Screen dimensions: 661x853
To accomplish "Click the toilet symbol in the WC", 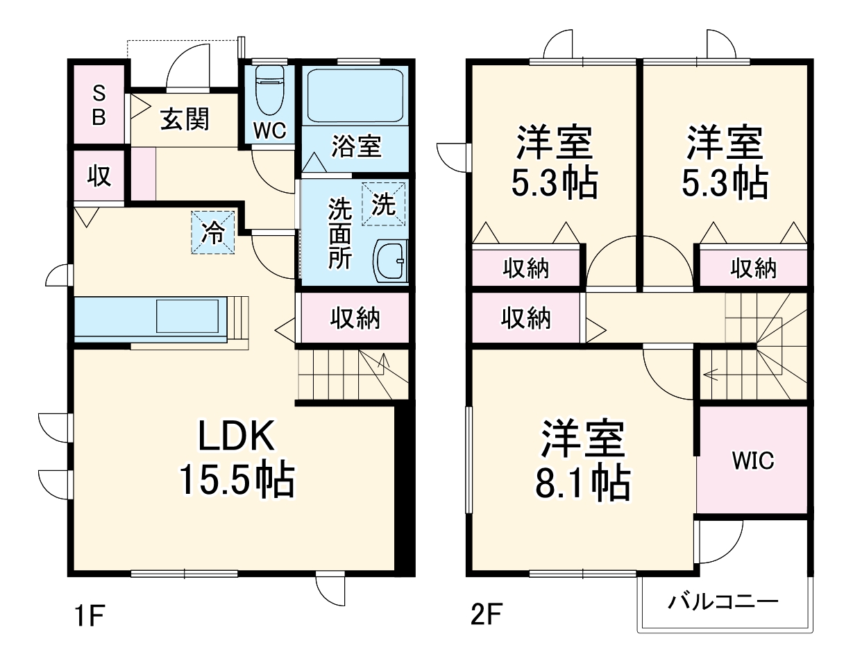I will [269, 90].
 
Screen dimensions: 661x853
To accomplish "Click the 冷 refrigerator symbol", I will [213, 233].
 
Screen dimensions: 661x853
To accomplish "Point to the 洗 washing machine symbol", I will [383, 204].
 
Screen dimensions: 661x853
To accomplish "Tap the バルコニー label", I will [723, 601].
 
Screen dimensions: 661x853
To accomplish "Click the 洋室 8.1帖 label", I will [582, 461].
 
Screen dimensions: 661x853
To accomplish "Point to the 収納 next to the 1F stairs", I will [354, 318].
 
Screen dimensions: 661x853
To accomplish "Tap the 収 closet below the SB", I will [99, 176].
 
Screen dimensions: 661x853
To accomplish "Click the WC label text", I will [269, 132].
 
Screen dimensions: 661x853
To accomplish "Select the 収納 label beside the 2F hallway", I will [526, 318].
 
